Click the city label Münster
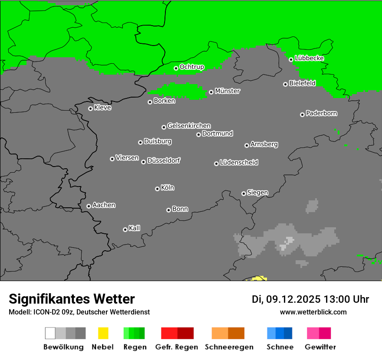[x=227, y=91]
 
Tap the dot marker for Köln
[x=157, y=189]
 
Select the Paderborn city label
[x=322, y=113]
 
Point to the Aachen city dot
[x=89, y=206]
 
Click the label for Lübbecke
[x=309, y=58]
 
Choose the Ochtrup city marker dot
[x=176, y=68]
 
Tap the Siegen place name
[x=257, y=193]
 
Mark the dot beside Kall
[x=125, y=229]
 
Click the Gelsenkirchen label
[x=189, y=126]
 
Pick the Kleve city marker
[x=90, y=108]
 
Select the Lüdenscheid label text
[x=239, y=163]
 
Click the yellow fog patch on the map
[x=260, y=278]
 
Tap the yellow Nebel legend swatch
[x=103, y=333]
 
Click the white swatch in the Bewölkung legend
[x=50, y=333]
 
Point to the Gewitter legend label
[x=320, y=347]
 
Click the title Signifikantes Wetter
[x=72, y=299]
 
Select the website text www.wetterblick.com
[x=313, y=312]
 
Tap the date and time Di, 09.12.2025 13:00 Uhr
[x=310, y=299]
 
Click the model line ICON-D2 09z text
[x=79, y=312]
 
